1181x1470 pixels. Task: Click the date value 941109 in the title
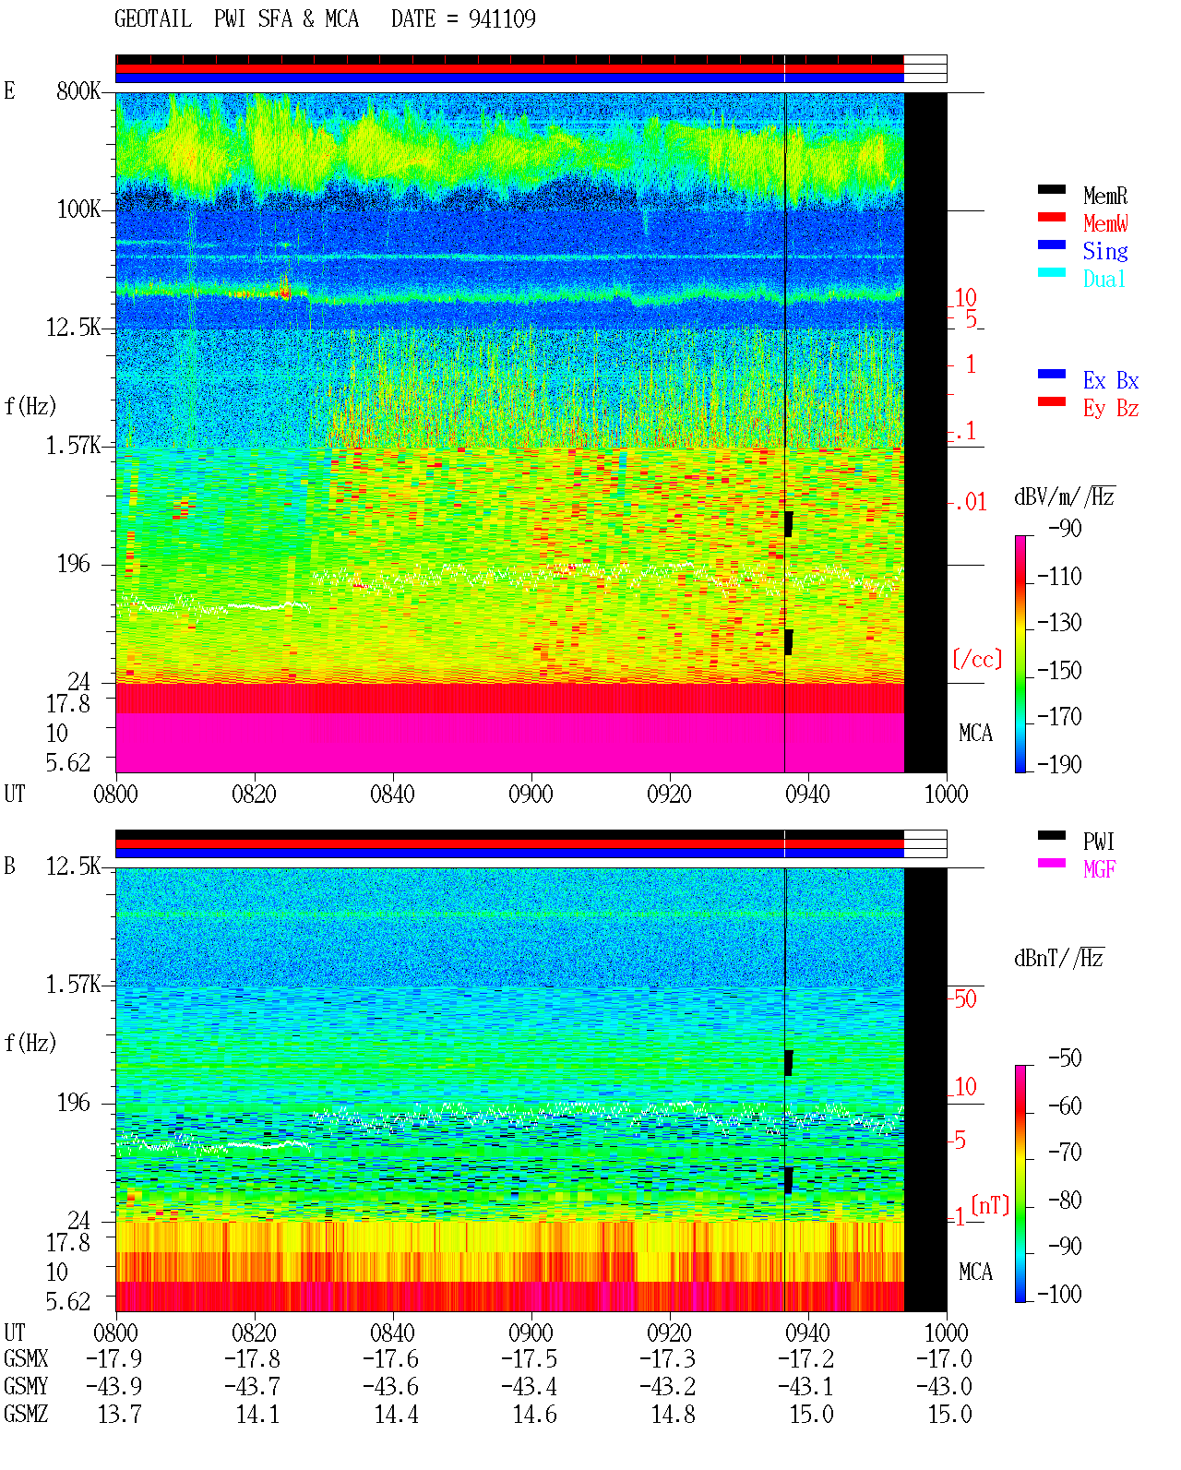tap(502, 18)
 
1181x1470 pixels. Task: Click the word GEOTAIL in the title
tap(153, 18)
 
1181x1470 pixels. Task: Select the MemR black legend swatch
tap(1051, 189)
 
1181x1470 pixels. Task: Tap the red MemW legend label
tap(1105, 223)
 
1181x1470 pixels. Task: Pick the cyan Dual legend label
tap(1104, 279)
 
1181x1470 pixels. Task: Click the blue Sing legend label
tap(1105, 251)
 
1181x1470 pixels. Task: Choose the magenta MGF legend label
tap(1099, 869)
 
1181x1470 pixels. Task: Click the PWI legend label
tap(1098, 842)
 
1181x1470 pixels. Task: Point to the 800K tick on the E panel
tap(78, 90)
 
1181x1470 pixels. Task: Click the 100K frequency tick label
tap(78, 209)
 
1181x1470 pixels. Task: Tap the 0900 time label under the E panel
tap(531, 794)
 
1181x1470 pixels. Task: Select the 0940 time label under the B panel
tap(807, 1332)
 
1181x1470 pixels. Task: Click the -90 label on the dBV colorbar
tap(1065, 528)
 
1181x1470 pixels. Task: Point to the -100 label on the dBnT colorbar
tap(1059, 1294)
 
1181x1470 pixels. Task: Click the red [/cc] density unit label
tap(977, 659)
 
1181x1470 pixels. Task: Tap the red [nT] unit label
tap(990, 1205)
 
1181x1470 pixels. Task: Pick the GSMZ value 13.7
tap(120, 1414)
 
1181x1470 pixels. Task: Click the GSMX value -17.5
tap(530, 1358)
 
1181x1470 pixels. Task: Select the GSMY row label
tap(26, 1386)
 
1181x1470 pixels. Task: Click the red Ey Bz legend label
tap(1111, 408)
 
